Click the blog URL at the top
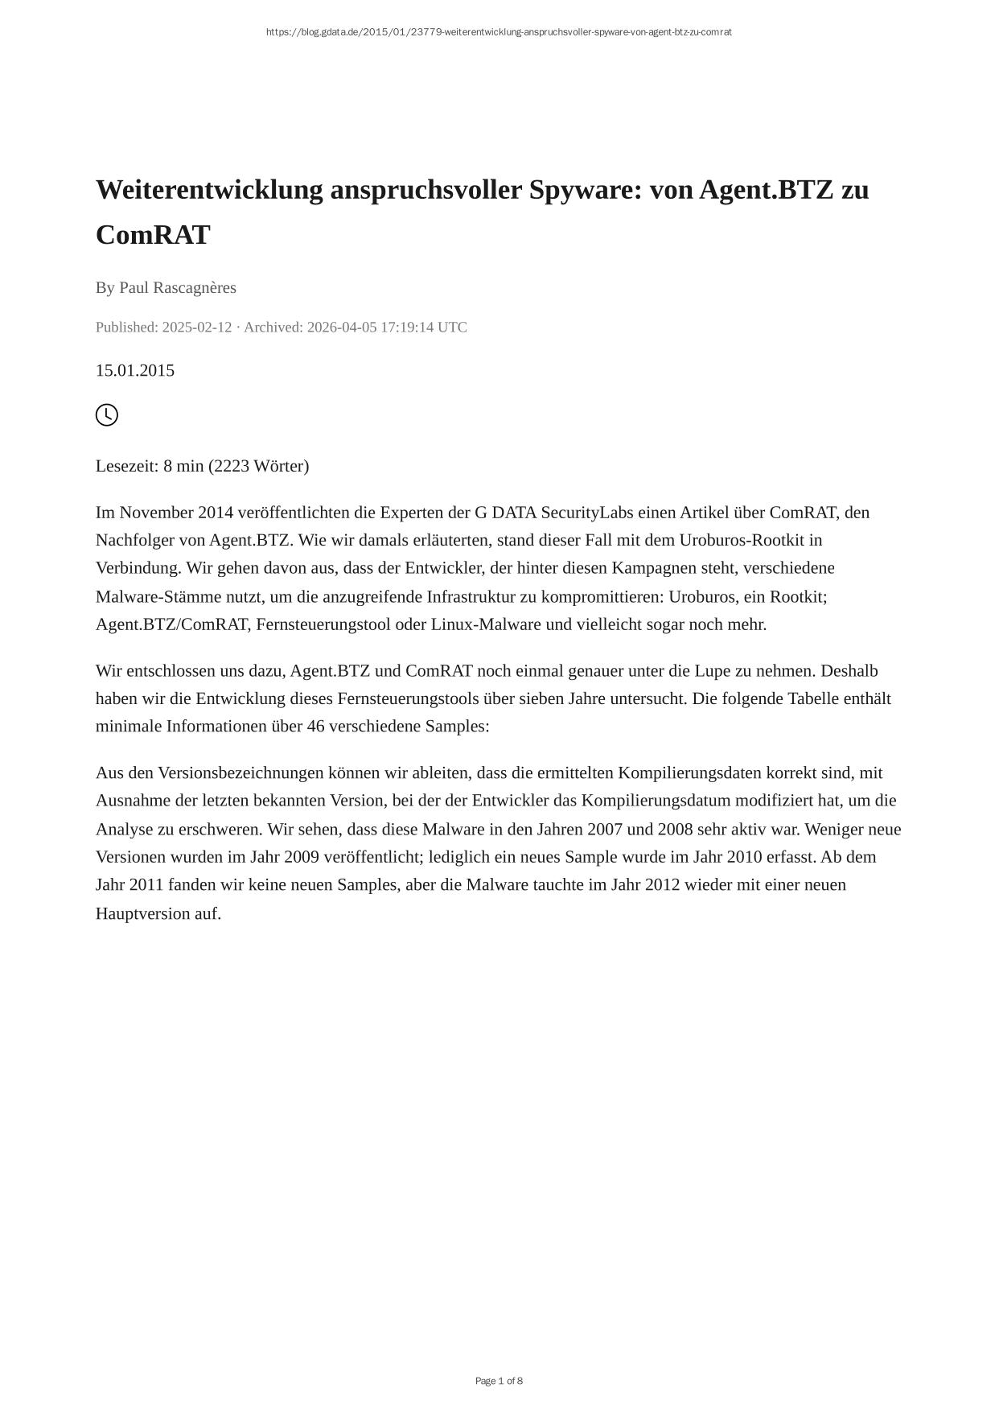tap(499, 32)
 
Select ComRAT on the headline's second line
tap(153, 235)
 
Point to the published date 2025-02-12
tap(197, 327)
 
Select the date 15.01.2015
tap(135, 370)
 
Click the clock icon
tap(107, 415)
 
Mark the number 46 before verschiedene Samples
tap(316, 726)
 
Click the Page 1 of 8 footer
tap(499, 1382)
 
